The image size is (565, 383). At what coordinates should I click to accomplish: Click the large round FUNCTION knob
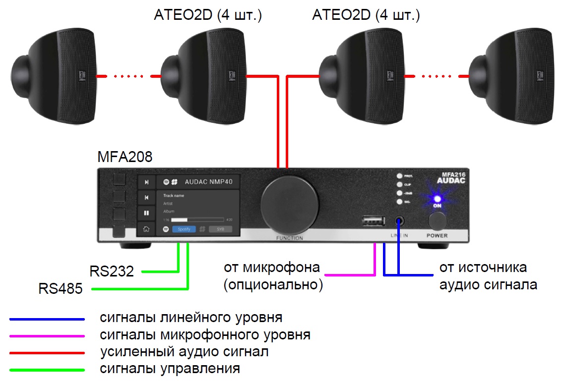[291, 201]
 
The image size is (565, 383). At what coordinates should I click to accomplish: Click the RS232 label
[112, 272]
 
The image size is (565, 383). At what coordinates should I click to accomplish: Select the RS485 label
[61, 288]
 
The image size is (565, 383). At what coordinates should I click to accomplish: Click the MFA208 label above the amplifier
[125, 158]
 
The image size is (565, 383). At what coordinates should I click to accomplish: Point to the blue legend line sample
[47, 320]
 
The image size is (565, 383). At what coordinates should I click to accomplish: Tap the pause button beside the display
[146, 213]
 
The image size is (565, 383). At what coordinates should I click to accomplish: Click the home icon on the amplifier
[146, 229]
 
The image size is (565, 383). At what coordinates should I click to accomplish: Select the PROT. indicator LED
[399, 176]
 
